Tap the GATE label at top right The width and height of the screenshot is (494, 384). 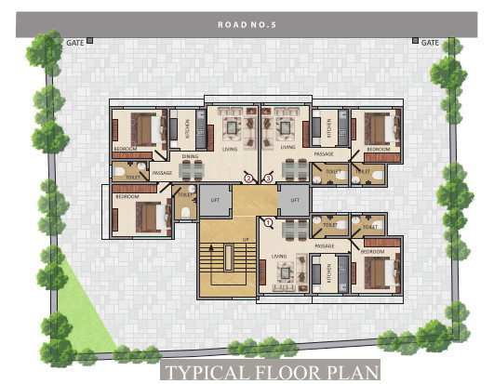pos(430,42)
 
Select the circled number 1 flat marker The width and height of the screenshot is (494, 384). pos(268,222)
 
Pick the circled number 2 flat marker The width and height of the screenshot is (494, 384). pos(248,177)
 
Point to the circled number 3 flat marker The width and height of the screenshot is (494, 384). pos(268,177)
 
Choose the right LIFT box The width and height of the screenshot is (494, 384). pos(294,200)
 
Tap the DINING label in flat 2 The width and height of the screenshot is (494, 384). pos(190,156)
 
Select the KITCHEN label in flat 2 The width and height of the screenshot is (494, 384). pos(186,128)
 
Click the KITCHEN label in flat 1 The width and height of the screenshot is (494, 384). pos(327,271)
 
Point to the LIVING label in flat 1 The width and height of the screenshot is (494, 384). pos(278,256)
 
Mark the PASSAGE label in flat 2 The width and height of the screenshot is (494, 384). pos(162,173)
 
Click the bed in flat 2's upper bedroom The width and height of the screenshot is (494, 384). pos(143,128)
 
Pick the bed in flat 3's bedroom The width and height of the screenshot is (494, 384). pos(377,127)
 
